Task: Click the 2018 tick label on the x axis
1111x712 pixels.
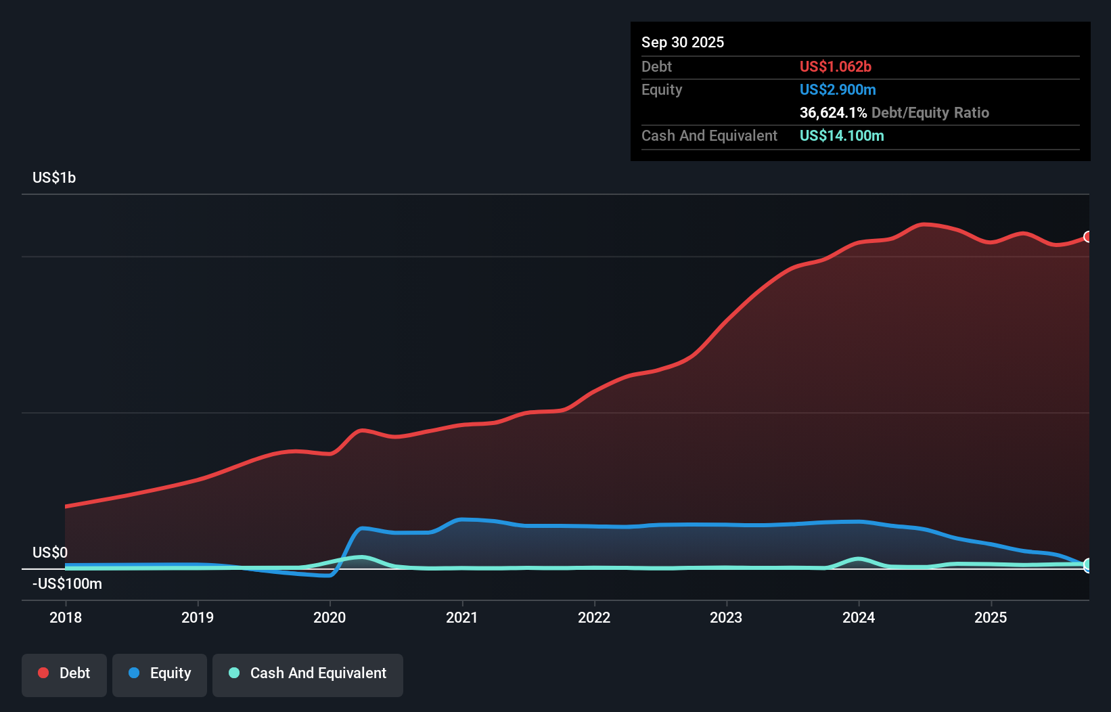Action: (x=66, y=617)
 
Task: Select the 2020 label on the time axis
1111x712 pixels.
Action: (x=330, y=617)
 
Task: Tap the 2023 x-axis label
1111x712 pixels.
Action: (x=726, y=617)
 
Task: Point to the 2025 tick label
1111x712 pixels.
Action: (x=991, y=617)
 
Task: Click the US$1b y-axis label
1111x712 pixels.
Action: (x=54, y=178)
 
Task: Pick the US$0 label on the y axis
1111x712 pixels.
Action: (x=50, y=552)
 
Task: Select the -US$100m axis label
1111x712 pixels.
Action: (x=68, y=583)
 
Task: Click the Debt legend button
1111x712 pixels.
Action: (x=64, y=673)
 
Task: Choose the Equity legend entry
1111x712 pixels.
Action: (x=160, y=673)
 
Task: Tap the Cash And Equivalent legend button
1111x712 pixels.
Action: (x=308, y=673)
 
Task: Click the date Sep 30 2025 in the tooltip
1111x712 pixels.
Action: (x=683, y=42)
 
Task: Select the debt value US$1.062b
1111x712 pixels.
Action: (x=836, y=66)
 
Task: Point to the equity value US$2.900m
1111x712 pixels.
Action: (x=838, y=89)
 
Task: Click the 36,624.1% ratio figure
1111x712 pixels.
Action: (x=833, y=112)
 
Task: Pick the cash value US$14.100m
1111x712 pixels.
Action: (x=842, y=135)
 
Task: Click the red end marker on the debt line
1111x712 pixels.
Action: (x=1087, y=236)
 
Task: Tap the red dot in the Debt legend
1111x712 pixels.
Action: (x=43, y=673)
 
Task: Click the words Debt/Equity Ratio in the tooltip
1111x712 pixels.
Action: (x=930, y=112)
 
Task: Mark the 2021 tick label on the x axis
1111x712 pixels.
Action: (x=461, y=617)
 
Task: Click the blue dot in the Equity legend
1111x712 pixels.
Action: (x=134, y=673)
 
